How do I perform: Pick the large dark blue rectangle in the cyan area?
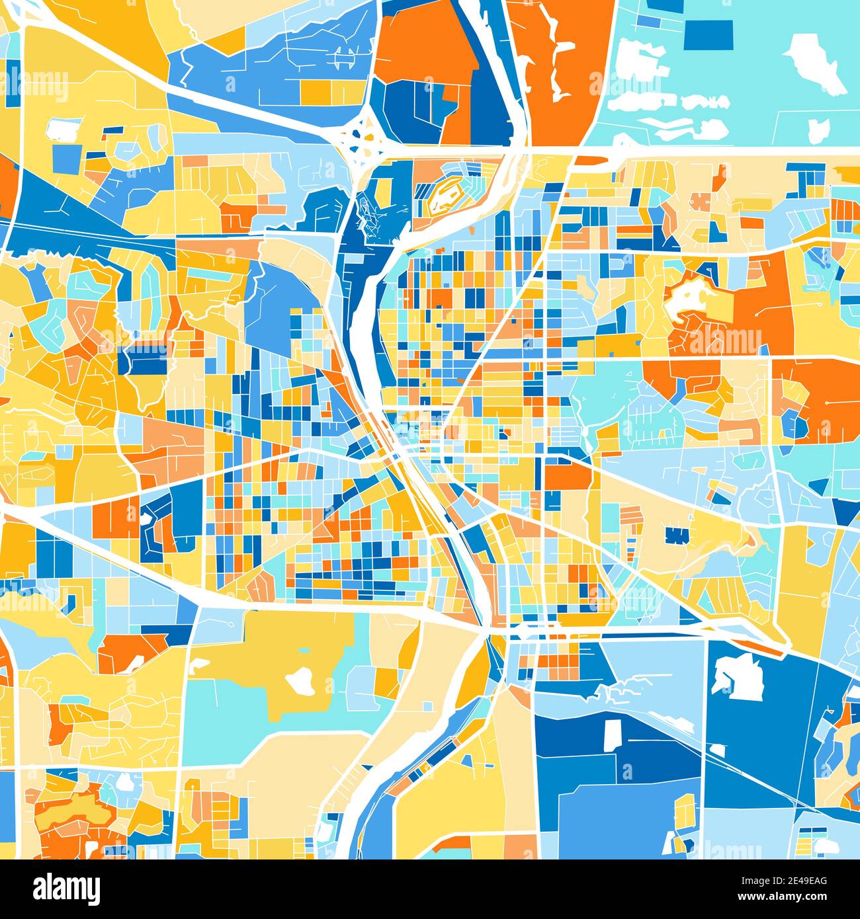coord(708,35)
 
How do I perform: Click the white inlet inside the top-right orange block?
coord(561,66)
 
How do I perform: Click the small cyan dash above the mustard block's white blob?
coord(304,651)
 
